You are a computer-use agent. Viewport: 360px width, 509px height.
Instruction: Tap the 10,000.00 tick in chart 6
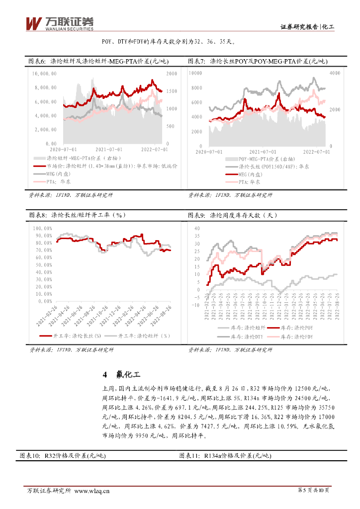click(44, 74)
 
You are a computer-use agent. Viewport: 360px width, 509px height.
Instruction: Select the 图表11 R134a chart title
click(224, 455)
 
